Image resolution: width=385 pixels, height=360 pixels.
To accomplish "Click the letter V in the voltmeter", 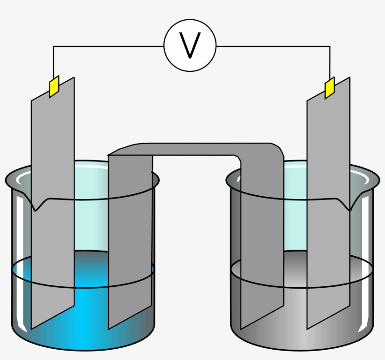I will pos(190,46).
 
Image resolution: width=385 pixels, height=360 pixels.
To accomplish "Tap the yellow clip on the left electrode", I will pos(54,86).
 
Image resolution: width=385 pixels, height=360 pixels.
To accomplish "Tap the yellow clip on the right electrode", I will pos(330,88).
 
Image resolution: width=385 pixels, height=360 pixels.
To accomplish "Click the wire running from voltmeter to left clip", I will pos(108,46).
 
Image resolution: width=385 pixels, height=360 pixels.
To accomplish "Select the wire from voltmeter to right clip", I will pos(272,46).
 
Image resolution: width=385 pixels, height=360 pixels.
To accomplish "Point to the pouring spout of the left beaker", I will pos(38,205).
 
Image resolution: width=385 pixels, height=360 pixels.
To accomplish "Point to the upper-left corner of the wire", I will pos(54,46).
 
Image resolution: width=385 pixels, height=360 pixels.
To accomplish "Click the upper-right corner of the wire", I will pos(330,46).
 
